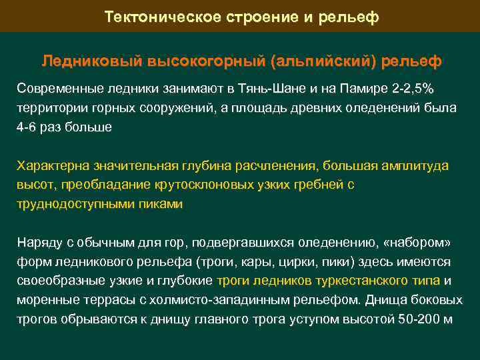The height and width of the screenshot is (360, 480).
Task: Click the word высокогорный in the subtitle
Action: pos(197,61)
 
